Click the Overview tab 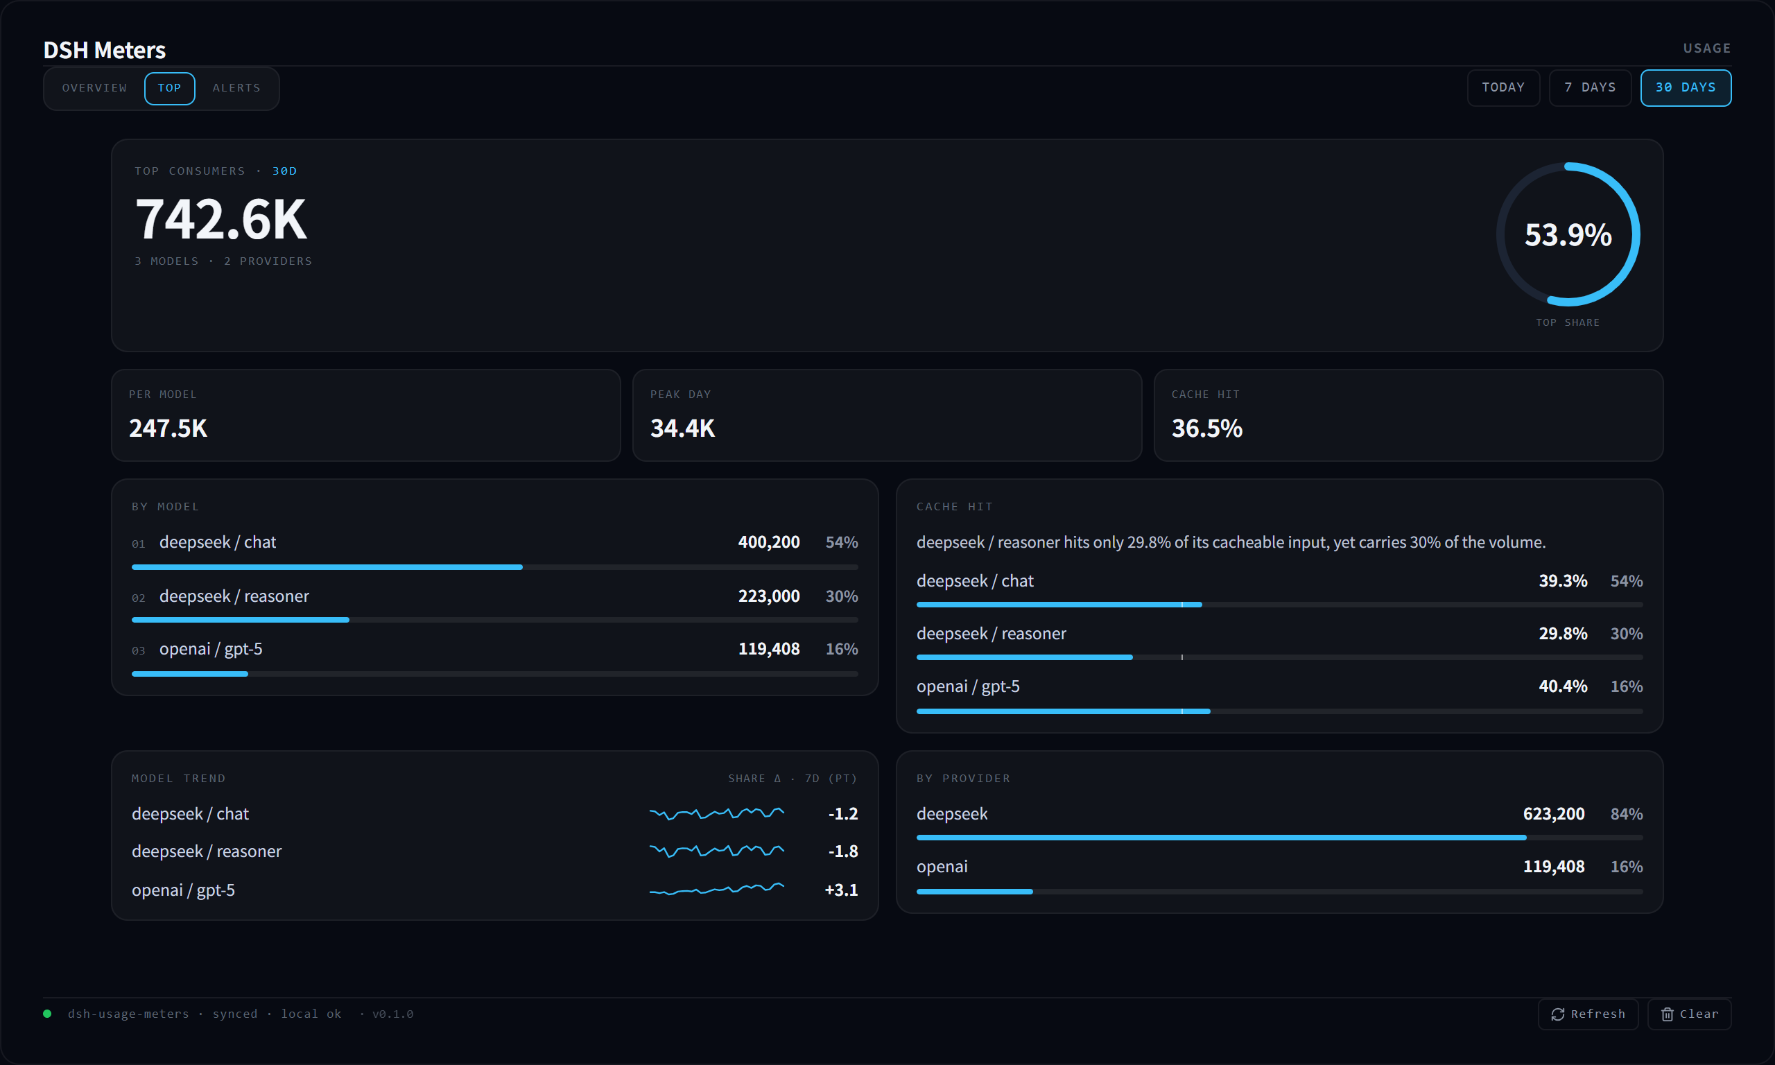94,88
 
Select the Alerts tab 236,88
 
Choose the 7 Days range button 1590,87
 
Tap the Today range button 1503,87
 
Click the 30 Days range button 1686,87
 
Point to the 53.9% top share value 1568,234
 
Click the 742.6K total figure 222,219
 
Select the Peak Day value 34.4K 682,428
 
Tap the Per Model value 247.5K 168,428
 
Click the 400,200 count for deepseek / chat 768,542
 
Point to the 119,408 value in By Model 768,649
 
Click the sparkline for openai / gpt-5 716,889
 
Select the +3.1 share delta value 842,890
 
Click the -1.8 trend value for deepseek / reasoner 843,851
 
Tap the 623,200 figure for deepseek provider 1554,814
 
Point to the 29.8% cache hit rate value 1563,634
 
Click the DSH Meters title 105,50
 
